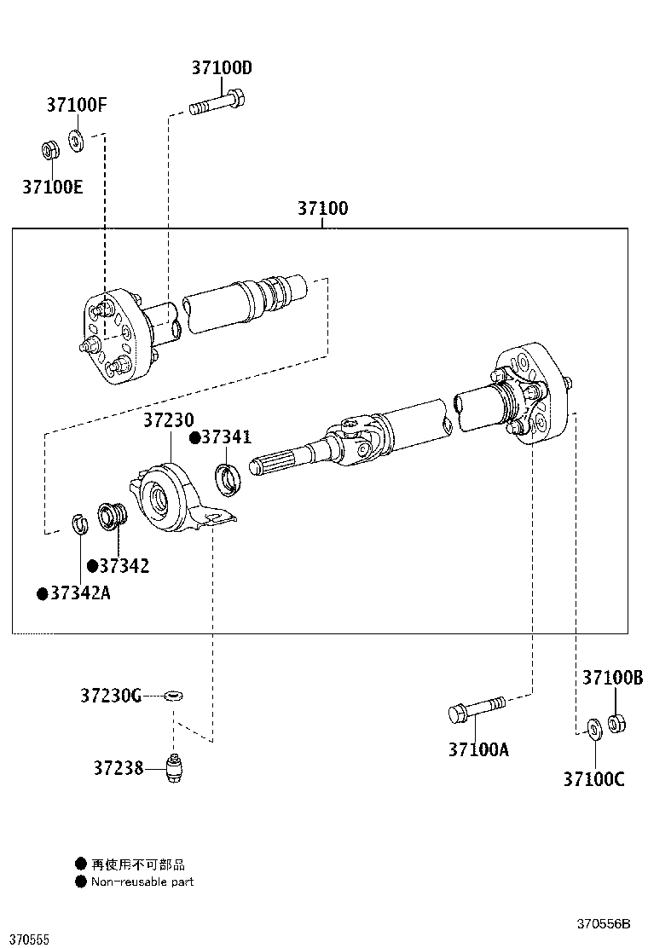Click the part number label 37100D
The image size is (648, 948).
[222, 68]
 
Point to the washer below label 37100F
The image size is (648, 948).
[76, 139]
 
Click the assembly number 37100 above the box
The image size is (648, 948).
[322, 208]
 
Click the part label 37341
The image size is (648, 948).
[226, 437]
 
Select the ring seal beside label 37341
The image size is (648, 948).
[229, 479]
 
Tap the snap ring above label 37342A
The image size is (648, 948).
[78, 525]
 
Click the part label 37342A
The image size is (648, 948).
[79, 593]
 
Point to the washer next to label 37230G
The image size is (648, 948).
[173, 697]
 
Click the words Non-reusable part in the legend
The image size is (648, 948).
[142, 882]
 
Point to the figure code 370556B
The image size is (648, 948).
[603, 924]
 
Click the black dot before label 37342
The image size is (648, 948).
[91, 566]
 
